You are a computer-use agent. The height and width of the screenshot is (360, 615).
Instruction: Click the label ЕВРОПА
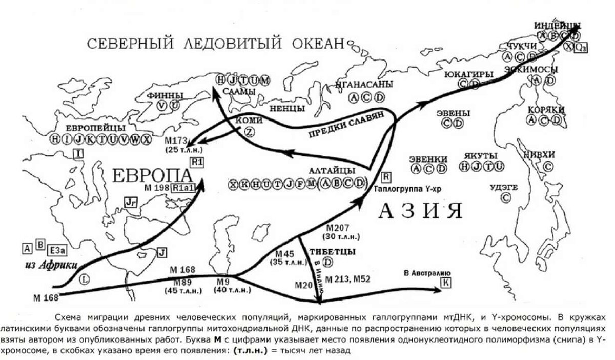coord(151,176)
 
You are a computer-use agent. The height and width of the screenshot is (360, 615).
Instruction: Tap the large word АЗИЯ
coord(420,211)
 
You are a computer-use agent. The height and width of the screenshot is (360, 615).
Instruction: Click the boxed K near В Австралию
coord(446,282)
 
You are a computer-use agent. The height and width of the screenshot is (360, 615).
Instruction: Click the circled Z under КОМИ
coord(250,132)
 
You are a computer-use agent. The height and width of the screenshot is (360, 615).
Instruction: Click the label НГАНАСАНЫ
coord(365,84)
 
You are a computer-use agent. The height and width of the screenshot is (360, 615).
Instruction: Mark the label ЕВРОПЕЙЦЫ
coord(97,127)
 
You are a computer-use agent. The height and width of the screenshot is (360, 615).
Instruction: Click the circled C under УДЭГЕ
coord(506,196)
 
